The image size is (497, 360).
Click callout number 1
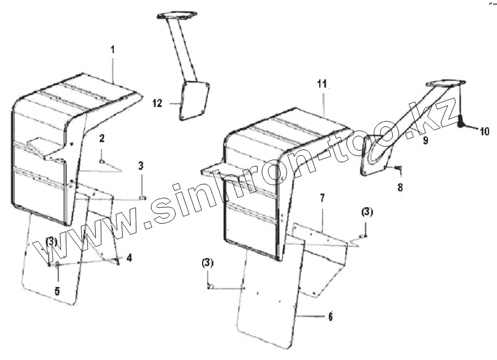click(112, 50)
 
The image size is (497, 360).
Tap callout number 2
click(101, 138)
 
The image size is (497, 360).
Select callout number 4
click(130, 258)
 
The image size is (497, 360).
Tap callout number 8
click(400, 187)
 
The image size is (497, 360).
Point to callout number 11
click(322, 84)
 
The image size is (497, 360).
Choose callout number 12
click(157, 103)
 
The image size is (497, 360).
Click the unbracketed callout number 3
click(141, 166)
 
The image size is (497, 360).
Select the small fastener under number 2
click(102, 161)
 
